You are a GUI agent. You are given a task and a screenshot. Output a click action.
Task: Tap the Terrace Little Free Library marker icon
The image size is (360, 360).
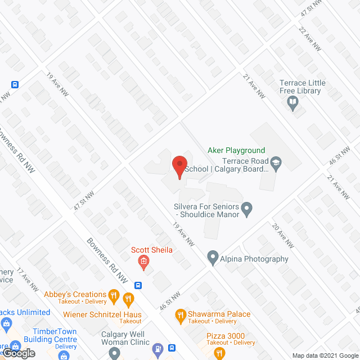292,103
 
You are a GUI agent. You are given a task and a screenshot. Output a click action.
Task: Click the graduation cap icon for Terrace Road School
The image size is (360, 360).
276,164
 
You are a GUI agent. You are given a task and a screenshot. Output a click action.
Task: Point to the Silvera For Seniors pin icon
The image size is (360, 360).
247,210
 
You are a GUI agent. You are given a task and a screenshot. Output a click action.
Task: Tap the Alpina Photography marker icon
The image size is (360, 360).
213,259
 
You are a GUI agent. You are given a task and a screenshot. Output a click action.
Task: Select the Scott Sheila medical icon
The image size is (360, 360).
143,262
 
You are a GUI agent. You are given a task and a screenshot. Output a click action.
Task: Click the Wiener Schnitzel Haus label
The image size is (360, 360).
102,314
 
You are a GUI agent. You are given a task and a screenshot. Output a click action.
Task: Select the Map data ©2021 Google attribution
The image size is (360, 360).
326,355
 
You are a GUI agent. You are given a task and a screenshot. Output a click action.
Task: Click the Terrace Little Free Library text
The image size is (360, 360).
302,87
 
